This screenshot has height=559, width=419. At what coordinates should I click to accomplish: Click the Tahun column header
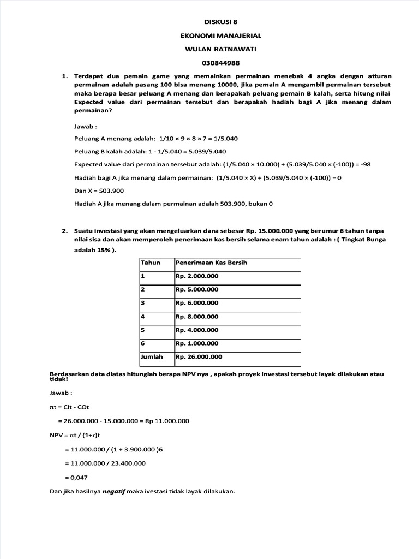click(151, 263)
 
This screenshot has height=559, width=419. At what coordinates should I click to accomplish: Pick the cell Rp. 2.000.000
click(197, 277)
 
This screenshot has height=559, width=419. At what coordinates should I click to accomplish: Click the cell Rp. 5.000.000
click(197, 289)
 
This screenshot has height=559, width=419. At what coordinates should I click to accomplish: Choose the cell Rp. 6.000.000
click(197, 302)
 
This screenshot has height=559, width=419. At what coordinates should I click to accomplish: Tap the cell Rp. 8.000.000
click(197, 316)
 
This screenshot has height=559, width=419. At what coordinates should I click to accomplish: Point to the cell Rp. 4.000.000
click(197, 330)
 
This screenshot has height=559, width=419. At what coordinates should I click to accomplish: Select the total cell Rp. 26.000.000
click(199, 356)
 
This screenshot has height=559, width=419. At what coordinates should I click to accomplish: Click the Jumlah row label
click(152, 356)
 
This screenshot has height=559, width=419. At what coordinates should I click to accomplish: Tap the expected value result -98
click(365, 164)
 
